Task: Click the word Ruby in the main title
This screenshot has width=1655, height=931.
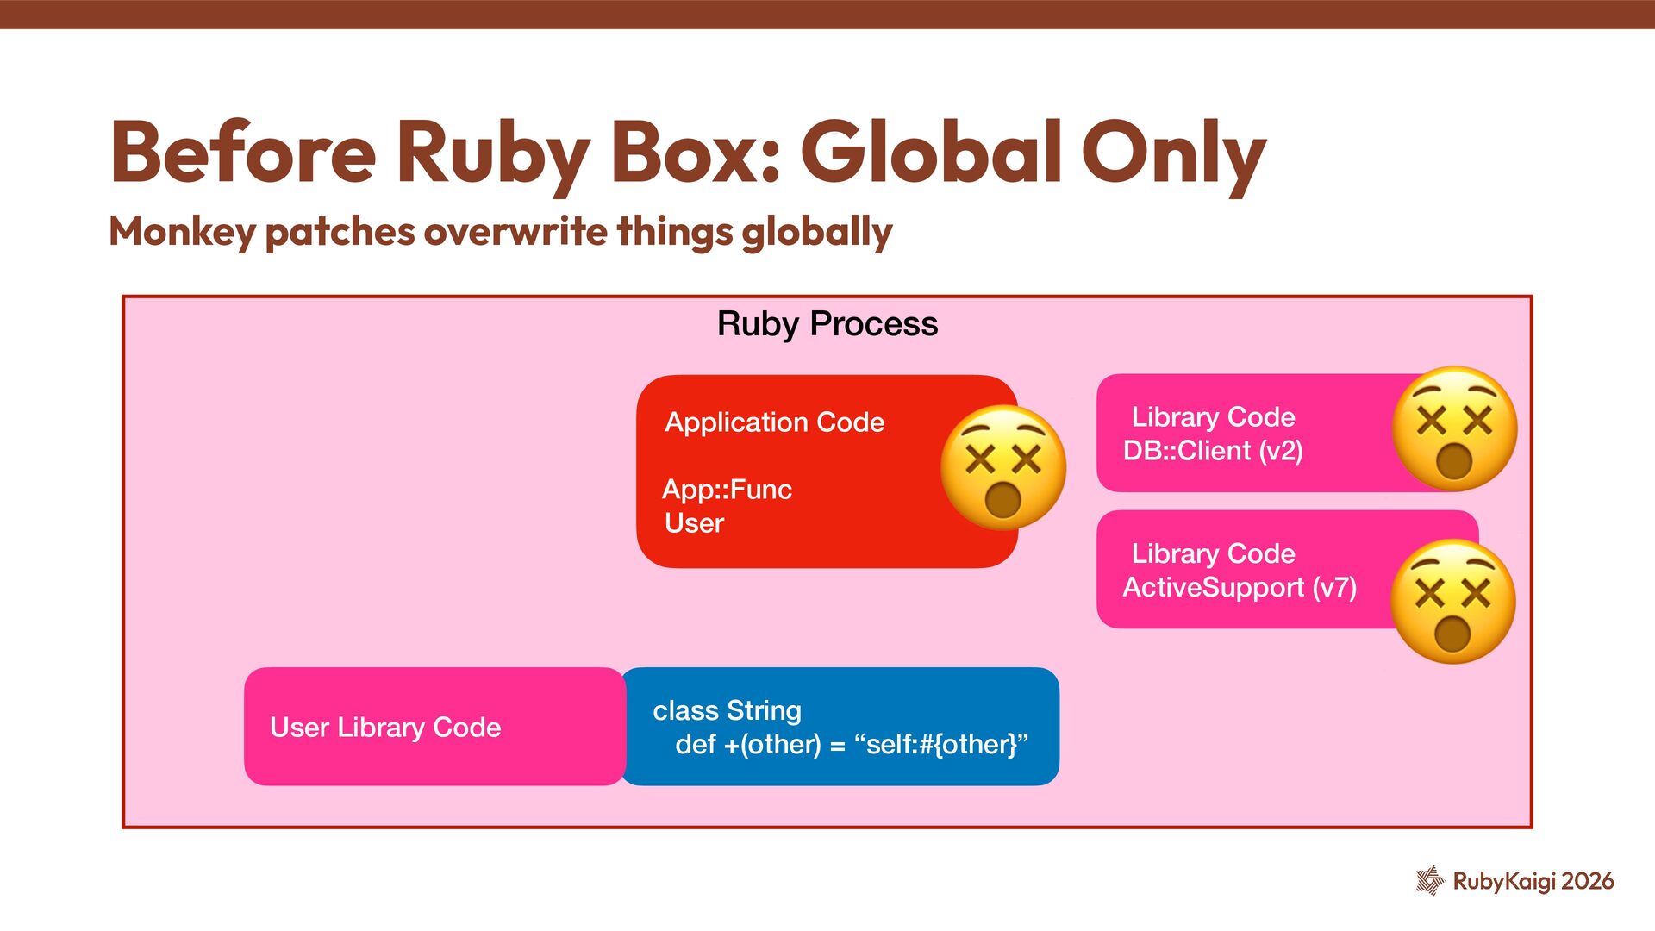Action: (x=492, y=153)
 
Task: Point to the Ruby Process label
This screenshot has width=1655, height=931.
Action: (x=827, y=324)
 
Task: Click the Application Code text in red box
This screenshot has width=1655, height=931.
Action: (x=774, y=422)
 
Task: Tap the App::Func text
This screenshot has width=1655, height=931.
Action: (x=727, y=490)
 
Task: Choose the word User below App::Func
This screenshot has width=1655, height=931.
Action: (x=694, y=523)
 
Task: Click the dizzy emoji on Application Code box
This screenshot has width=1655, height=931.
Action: (x=1002, y=467)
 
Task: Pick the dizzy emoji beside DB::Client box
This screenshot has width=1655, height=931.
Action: (x=1454, y=428)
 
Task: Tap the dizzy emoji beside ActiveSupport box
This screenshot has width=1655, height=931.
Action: (x=1452, y=602)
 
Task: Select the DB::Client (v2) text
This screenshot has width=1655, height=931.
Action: (x=1212, y=451)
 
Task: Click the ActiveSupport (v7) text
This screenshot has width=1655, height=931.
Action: (x=1239, y=588)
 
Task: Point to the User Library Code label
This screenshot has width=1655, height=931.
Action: (x=385, y=728)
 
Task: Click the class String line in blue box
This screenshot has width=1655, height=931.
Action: (x=727, y=711)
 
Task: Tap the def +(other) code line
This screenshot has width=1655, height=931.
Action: (x=851, y=745)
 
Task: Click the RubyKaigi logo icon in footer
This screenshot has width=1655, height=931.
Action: (x=1429, y=881)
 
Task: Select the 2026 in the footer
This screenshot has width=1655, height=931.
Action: (x=1587, y=881)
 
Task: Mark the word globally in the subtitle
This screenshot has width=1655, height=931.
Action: (x=816, y=232)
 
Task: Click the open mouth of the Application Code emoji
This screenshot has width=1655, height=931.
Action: (x=1002, y=499)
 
